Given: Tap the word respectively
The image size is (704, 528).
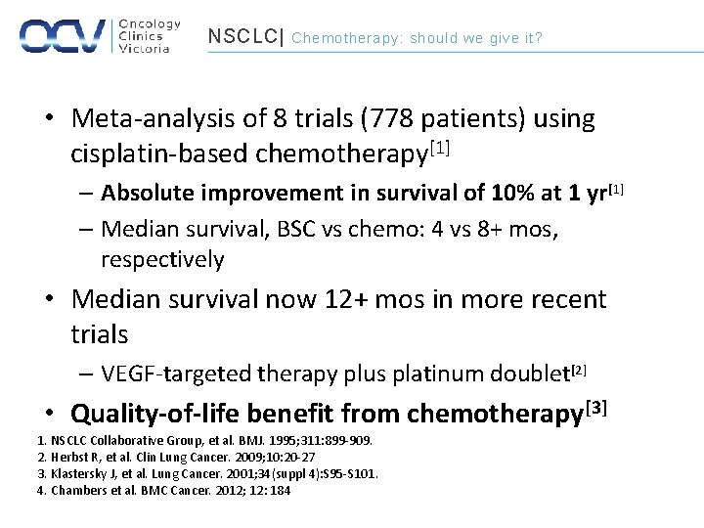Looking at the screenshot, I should point(162,260).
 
